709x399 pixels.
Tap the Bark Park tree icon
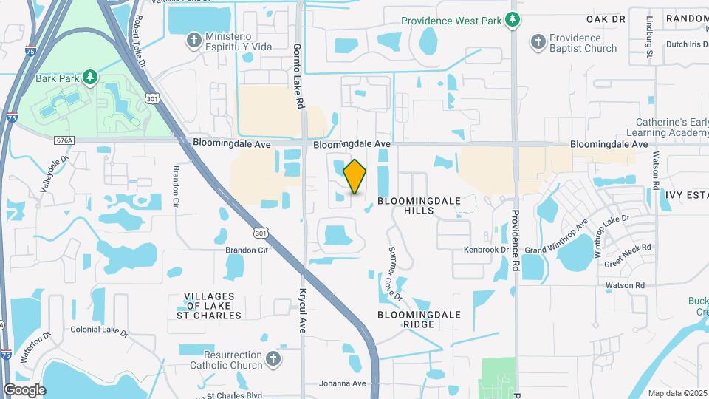click(89, 77)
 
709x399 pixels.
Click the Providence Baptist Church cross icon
click(538, 43)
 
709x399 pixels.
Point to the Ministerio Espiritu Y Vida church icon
click(193, 41)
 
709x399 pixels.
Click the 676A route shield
click(64, 138)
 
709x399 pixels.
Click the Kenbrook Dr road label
click(487, 250)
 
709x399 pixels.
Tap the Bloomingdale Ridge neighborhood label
click(419, 319)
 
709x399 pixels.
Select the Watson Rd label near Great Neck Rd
click(624, 285)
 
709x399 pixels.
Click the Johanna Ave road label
click(343, 383)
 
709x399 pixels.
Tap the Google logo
click(24, 390)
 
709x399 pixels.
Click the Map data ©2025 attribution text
click(677, 393)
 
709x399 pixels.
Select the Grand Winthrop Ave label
click(556, 236)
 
